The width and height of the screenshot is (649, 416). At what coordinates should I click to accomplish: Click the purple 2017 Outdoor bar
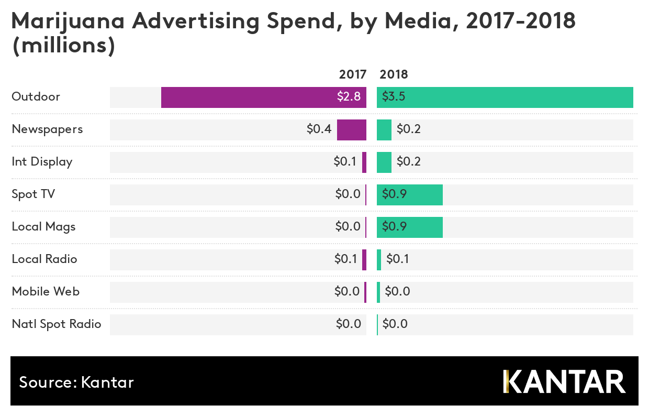point(246,97)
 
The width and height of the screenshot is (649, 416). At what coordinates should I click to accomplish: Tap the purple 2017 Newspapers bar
point(351,130)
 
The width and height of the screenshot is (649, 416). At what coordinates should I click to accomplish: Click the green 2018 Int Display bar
point(384,162)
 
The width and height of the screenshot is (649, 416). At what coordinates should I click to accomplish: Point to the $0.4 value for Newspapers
point(319,129)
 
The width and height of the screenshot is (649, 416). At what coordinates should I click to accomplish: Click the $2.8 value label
point(349,97)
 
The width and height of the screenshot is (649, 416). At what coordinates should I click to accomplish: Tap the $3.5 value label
point(393,97)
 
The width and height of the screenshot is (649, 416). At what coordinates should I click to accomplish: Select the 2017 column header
point(353,74)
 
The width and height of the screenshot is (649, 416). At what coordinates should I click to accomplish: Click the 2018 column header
point(394,74)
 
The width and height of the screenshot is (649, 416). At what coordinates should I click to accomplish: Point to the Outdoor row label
point(36,97)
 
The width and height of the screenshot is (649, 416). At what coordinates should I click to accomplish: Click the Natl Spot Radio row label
point(57,324)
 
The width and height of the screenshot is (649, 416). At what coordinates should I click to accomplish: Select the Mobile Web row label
point(46,292)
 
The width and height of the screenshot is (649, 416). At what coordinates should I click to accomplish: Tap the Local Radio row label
point(44,259)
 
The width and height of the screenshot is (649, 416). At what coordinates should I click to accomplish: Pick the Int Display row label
point(42,162)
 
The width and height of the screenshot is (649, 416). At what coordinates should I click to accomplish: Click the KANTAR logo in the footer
point(564,382)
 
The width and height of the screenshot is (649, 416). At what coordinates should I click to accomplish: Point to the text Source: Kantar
point(76,382)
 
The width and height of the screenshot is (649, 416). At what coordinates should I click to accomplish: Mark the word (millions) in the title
point(63,46)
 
